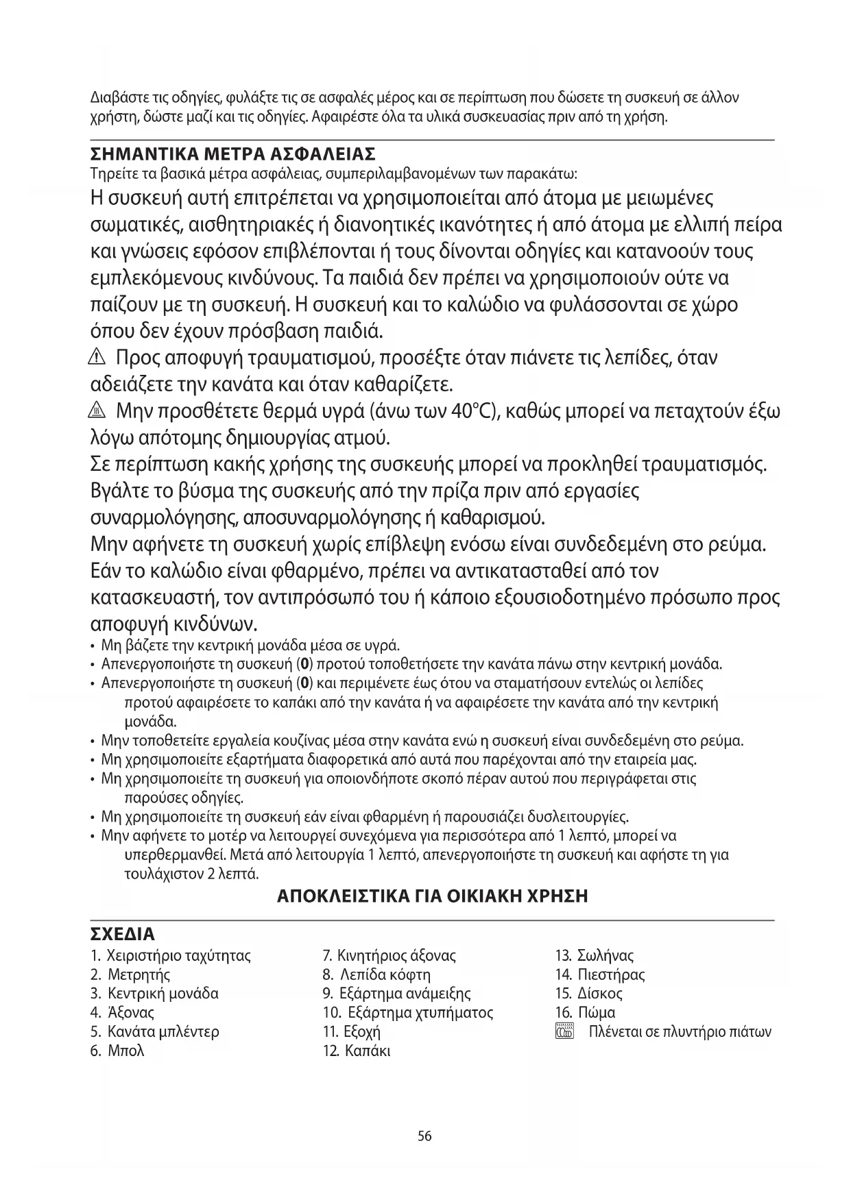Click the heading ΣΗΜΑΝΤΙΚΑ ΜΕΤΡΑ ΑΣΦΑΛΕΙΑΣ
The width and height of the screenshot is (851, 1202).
click(x=233, y=151)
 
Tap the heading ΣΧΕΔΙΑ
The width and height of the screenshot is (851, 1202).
click(x=123, y=935)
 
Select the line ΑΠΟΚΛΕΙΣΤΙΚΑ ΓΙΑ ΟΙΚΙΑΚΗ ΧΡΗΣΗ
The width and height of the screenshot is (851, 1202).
click(x=432, y=896)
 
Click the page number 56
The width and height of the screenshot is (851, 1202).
click(x=424, y=1136)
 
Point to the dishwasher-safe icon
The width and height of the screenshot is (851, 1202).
click(x=564, y=1032)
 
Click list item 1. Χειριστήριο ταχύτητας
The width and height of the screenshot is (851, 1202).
click(x=170, y=955)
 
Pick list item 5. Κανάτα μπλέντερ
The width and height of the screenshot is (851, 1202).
click(x=155, y=1031)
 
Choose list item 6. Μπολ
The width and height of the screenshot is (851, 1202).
click(x=117, y=1051)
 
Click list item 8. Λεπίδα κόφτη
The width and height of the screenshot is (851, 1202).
click(x=376, y=974)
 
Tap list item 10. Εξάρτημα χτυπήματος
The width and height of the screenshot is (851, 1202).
click(x=407, y=1012)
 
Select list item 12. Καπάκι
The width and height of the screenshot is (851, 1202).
click(x=357, y=1051)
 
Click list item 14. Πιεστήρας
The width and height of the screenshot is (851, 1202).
click(x=600, y=974)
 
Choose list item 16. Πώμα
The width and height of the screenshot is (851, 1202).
click(x=586, y=1012)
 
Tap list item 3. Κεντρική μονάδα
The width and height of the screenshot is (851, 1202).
click(x=154, y=994)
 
